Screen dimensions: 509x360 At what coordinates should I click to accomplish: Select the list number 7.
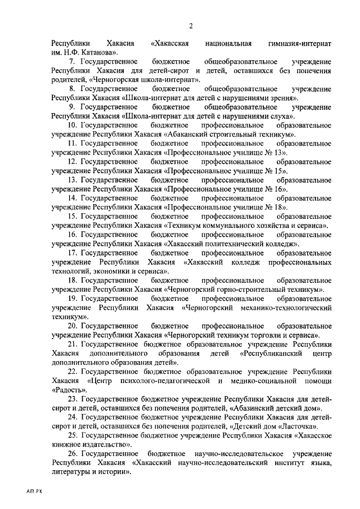click(x=71, y=61)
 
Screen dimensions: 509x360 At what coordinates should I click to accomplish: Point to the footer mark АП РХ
click(x=34, y=491)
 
